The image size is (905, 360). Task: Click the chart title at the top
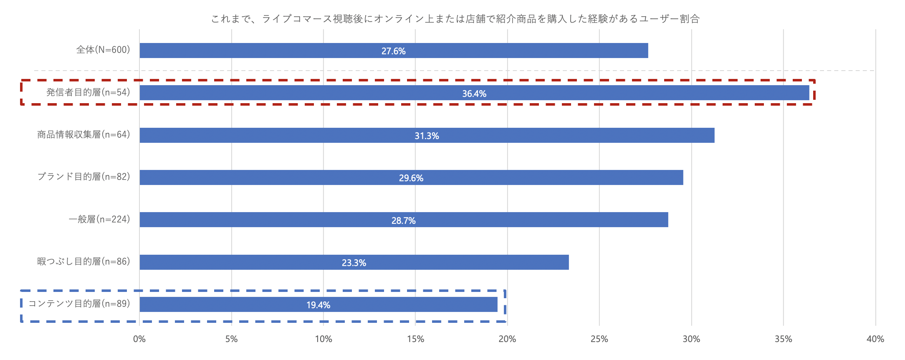pos(455,19)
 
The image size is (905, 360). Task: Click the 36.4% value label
pos(474,94)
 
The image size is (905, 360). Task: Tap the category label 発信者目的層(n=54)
pos(88,92)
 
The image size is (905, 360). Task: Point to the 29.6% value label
pos(411,178)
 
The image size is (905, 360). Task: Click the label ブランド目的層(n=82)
pos(83,177)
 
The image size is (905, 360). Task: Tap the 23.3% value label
pos(354,263)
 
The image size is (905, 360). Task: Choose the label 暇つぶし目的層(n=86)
pos(83,261)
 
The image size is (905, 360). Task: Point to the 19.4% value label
pos(319,305)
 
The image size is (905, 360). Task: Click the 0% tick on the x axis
pos(139,339)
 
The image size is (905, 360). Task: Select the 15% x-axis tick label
pos(415,339)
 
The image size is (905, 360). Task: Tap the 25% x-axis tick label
pos(599,339)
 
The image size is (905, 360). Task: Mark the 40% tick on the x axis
pos(875,339)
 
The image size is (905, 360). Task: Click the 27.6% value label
pos(394,51)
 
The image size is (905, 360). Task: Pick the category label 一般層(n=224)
pos(99,219)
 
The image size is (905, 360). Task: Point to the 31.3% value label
pos(427,136)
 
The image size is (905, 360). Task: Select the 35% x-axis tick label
pos(784,339)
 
